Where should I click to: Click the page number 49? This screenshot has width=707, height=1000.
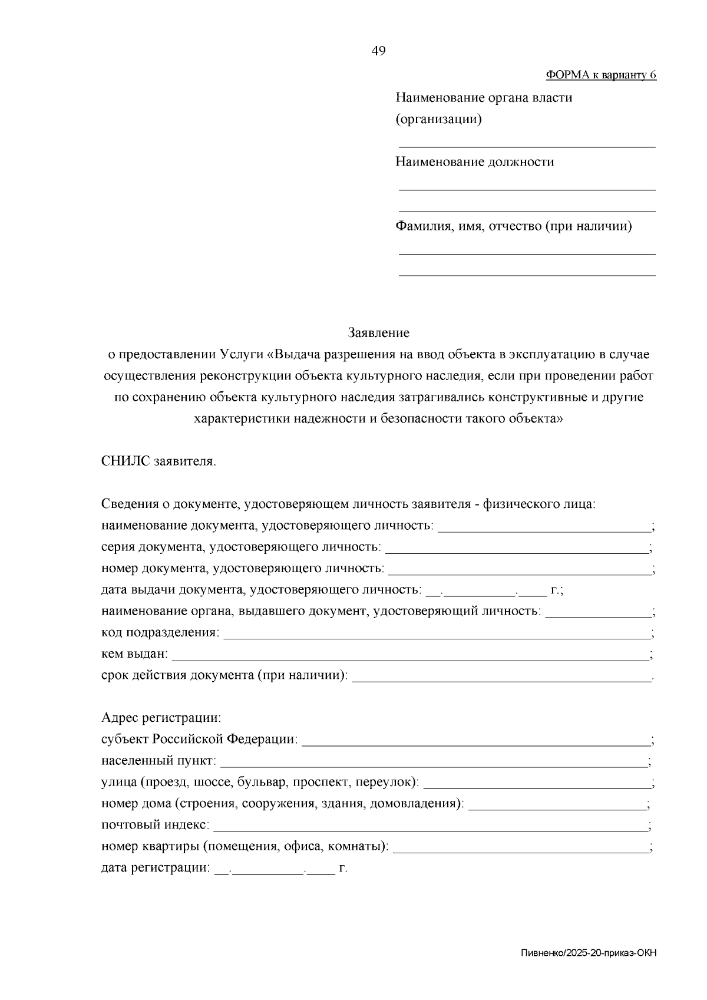378,51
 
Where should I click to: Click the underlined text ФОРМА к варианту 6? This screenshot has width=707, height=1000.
600,75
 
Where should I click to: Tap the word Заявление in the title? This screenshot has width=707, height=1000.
378,333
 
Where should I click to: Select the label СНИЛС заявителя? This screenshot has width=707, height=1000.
159,461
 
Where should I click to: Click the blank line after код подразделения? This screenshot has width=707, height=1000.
436,638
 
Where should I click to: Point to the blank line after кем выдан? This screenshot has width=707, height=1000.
409,659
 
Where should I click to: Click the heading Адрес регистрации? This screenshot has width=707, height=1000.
161,718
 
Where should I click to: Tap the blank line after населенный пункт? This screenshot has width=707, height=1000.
432,765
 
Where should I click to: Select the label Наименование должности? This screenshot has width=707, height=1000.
474,162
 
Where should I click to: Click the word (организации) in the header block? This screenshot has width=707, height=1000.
438,120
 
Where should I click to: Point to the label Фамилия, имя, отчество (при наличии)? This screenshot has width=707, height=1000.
513,227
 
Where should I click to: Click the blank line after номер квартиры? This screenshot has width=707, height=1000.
520,852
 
